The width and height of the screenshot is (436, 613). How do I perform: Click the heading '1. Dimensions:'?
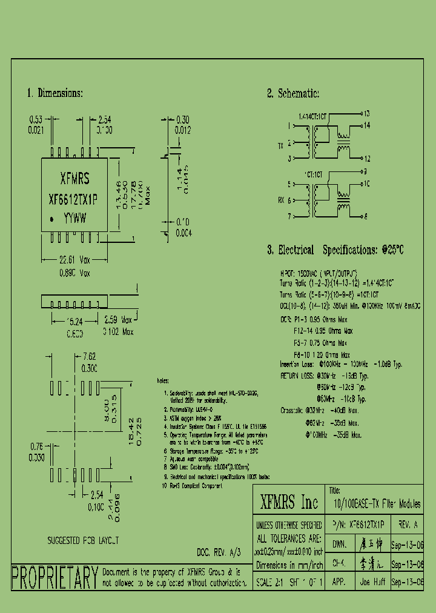click(54, 93)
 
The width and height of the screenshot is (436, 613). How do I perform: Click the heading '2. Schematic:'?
click(293, 93)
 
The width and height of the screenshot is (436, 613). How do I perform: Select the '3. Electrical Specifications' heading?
click(335, 250)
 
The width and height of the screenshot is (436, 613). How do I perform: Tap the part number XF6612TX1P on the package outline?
click(74, 199)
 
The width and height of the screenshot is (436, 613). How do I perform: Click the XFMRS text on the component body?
click(74, 179)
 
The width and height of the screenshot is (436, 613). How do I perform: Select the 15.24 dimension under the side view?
click(74, 322)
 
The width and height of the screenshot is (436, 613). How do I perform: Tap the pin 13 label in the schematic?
click(367, 113)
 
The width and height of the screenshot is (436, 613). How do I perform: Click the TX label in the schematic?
click(280, 146)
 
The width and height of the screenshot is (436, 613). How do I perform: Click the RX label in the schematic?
click(280, 200)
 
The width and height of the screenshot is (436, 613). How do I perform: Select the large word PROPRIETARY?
click(55, 577)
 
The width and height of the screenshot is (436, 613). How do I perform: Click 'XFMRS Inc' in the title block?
click(288, 502)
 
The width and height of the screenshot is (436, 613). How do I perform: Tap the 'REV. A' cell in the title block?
click(408, 524)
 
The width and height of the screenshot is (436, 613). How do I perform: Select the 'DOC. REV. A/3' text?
click(219, 552)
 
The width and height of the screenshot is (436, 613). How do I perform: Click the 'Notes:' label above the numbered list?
click(162, 380)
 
